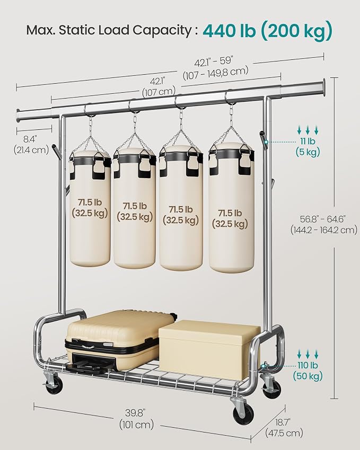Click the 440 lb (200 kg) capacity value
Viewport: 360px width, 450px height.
268,30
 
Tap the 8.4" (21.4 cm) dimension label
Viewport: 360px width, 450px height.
31,144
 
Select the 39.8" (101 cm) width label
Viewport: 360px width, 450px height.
136,419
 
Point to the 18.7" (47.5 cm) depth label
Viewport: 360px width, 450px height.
284,427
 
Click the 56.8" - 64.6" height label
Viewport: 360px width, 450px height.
323,224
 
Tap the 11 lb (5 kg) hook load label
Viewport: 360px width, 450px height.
308,146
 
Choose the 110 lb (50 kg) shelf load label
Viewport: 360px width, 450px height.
308,370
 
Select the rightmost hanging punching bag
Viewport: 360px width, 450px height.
231,207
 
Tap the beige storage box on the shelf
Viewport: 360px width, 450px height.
209,349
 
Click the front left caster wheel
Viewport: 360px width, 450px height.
53,383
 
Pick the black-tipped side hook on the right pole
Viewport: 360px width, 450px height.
264,139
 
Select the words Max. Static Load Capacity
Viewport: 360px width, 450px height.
109,30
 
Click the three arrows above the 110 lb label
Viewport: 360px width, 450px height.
308,354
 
